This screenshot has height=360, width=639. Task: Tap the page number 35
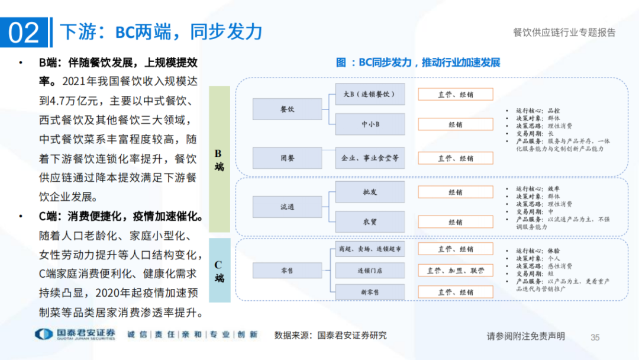pos(595,337)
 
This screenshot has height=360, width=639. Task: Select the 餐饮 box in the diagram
pos(287,110)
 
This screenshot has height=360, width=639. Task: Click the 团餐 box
pos(287,159)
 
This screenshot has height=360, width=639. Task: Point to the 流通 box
pos(287,207)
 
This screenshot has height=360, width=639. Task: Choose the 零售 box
pos(287,270)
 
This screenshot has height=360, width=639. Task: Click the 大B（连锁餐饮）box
pos(370,94)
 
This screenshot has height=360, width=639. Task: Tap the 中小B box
pos(370,124)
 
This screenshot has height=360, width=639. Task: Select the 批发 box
pos(370,192)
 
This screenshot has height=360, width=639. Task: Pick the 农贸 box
pos(370,222)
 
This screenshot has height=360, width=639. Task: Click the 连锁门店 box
pos(370,271)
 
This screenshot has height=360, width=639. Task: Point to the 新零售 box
pos(370,292)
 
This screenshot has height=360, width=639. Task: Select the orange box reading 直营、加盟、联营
pos(455,271)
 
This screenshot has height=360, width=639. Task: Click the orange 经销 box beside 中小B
pos(455,124)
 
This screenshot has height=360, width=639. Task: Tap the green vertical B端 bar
pos(219,159)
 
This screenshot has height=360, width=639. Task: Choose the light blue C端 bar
pos(219,271)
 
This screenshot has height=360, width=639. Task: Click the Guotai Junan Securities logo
pos(74,335)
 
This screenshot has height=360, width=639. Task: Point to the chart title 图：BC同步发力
pos(418,63)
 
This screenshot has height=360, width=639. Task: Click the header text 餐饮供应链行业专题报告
pos(564,33)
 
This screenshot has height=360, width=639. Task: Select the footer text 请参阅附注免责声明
pos(525,336)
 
